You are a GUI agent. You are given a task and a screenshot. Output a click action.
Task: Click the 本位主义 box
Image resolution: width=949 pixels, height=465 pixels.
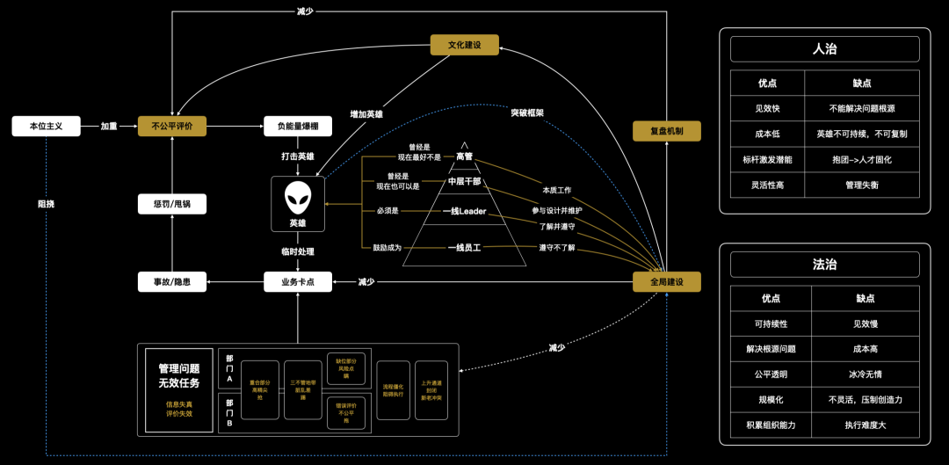click(x=46, y=126)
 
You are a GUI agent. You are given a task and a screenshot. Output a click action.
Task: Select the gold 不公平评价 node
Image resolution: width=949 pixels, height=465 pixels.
click(x=171, y=126)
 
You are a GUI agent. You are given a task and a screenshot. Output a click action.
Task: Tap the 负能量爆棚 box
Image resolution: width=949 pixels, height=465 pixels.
click(x=297, y=126)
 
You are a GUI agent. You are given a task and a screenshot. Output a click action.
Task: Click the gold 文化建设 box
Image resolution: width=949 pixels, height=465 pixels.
click(x=464, y=45)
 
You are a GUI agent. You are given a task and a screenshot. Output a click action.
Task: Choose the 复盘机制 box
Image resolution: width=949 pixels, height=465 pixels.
click(x=666, y=131)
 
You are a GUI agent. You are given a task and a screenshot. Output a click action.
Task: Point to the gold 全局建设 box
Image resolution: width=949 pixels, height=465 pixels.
click(x=666, y=282)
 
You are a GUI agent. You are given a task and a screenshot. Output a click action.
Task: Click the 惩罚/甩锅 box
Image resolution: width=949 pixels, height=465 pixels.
click(x=171, y=204)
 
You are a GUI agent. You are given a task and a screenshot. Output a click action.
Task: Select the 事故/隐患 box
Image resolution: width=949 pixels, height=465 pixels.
click(x=171, y=282)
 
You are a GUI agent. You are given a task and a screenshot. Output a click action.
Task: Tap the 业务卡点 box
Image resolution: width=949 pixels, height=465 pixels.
click(x=297, y=282)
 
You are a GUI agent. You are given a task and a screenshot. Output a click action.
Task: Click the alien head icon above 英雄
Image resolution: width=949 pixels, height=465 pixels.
click(x=297, y=199)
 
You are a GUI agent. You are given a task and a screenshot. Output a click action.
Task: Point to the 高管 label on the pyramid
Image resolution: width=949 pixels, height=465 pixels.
click(x=464, y=156)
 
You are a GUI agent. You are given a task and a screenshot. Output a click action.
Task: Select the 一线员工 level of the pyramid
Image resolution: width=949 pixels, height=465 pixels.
click(x=464, y=248)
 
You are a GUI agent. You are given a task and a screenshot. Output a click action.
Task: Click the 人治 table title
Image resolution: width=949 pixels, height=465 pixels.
click(x=824, y=49)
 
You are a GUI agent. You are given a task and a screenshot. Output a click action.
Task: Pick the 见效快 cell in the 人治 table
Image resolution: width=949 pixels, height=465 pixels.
click(x=767, y=108)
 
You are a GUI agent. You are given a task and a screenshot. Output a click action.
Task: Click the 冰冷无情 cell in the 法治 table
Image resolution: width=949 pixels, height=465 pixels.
click(x=862, y=374)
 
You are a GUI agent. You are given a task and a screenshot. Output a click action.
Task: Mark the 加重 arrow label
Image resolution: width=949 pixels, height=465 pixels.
click(x=109, y=126)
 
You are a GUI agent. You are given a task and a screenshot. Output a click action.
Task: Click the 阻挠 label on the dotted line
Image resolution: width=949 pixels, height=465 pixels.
click(x=46, y=203)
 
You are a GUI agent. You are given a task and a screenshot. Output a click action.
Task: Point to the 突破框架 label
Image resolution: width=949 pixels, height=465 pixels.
click(x=527, y=113)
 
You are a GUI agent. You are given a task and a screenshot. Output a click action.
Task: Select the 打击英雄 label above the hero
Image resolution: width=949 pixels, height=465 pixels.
click(x=297, y=156)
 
